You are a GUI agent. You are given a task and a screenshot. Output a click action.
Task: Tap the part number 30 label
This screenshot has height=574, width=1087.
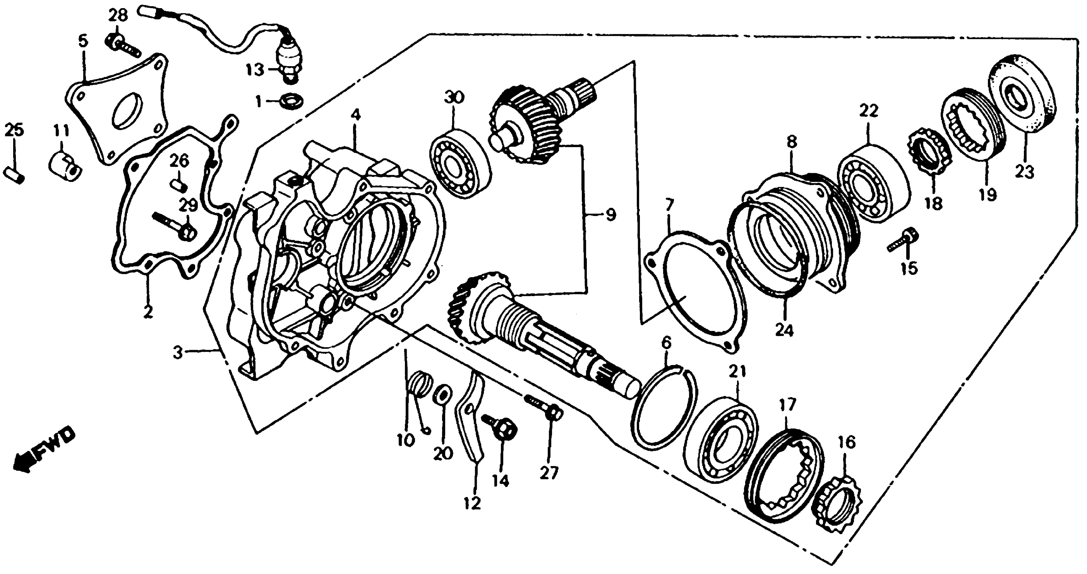point(454,98)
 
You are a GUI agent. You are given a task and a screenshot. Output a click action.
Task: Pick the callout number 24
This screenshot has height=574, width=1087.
point(784,330)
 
